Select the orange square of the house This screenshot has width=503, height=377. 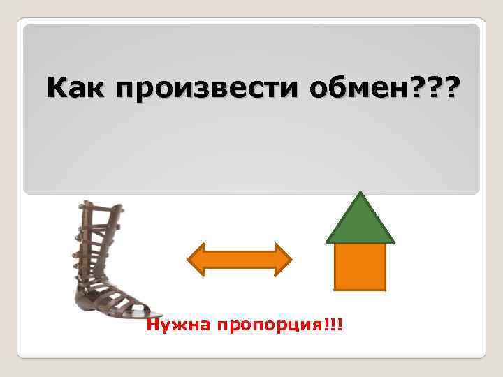360,266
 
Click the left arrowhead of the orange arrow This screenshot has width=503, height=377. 198,260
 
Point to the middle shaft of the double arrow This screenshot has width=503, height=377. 238,260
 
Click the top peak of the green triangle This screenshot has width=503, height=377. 360,195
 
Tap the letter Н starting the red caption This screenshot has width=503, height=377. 153,326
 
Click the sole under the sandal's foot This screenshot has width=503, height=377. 115,311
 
